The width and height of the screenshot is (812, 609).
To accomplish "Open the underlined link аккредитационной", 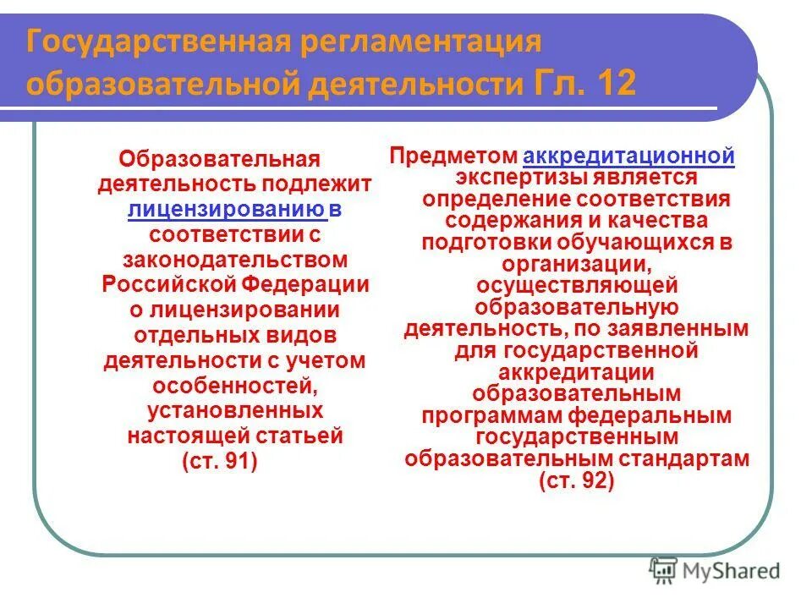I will (628, 156).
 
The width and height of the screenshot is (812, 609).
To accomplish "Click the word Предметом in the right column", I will (453, 156).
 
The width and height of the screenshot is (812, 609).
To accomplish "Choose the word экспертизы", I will (520, 178).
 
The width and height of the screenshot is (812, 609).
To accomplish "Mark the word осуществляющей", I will (577, 286).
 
